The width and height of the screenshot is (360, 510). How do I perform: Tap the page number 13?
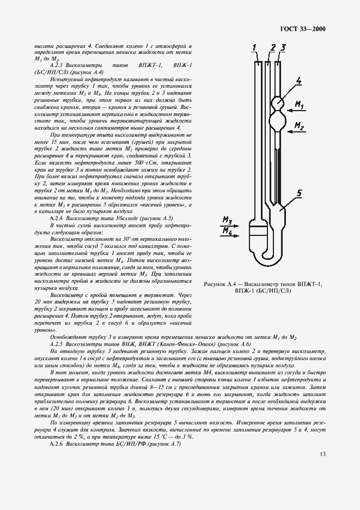pyautogui.click(x=323, y=454)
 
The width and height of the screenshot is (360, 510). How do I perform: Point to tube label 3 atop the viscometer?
pyautogui.click(x=283, y=48)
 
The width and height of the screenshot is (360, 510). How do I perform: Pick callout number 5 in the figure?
pyautogui.click(x=298, y=192)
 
